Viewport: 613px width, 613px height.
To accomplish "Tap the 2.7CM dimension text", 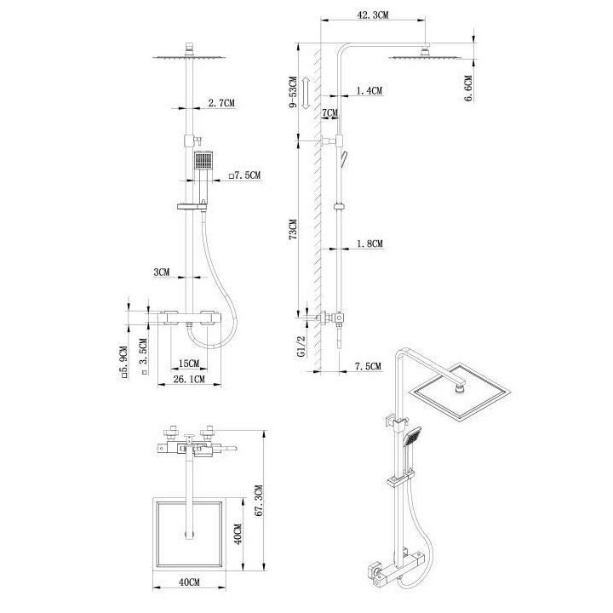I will tap(221, 103).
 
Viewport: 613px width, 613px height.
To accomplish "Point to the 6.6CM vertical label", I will tap(468, 86).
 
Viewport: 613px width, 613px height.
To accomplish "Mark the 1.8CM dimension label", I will tap(370, 243).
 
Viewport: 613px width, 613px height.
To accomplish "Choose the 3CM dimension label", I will tap(162, 272).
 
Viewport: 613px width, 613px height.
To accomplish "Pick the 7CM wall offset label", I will tap(329, 112).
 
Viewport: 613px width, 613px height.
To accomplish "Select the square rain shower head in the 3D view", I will tap(462, 396).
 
